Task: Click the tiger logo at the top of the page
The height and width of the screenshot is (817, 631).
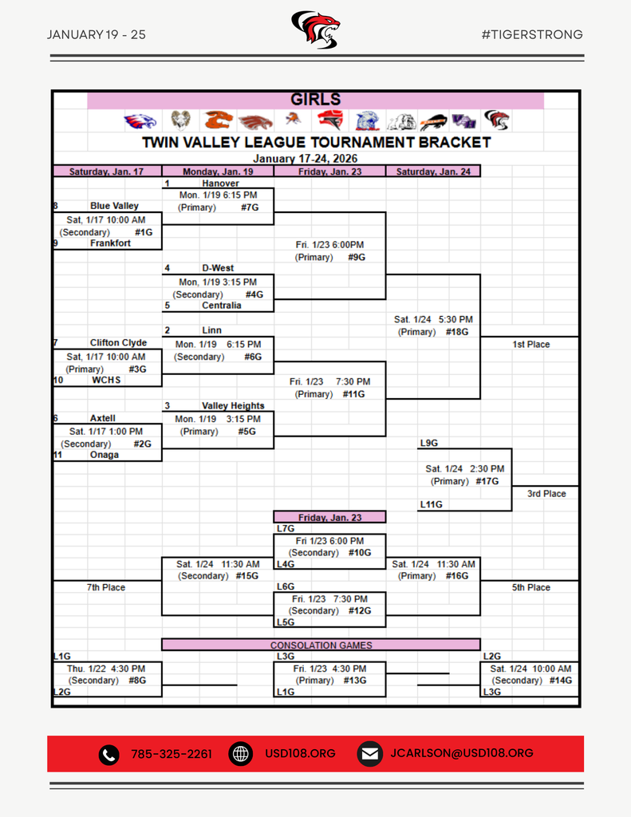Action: click(315, 30)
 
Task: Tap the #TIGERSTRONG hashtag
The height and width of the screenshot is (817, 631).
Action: click(532, 34)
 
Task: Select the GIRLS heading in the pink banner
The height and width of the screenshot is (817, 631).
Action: click(315, 100)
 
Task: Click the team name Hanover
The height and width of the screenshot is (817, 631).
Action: click(220, 184)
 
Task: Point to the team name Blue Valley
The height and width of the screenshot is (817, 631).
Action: click(114, 206)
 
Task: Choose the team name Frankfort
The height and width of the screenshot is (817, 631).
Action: click(110, 243)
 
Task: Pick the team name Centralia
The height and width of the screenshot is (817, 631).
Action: click(221, 306)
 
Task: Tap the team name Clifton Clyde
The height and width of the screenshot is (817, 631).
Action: click(118, 343)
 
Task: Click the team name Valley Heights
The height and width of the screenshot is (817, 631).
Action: click(233, 406)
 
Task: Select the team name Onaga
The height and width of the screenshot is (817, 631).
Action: click(105, 455)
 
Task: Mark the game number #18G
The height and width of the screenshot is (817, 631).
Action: click(457, 332)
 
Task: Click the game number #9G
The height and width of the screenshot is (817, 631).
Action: click(357, 258)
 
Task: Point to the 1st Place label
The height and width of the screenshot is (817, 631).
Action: click(531, 345)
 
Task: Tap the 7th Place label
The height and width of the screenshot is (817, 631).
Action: click(106, 588)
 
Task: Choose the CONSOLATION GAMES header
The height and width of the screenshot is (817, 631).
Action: click(321, 645)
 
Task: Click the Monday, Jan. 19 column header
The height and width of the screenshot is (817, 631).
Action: click(218, 172)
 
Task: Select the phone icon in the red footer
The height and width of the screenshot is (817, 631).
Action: click(108, 754)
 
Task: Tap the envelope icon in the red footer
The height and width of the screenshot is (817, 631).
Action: click(368, 754)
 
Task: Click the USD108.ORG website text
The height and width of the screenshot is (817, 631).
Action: click(300, 754)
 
